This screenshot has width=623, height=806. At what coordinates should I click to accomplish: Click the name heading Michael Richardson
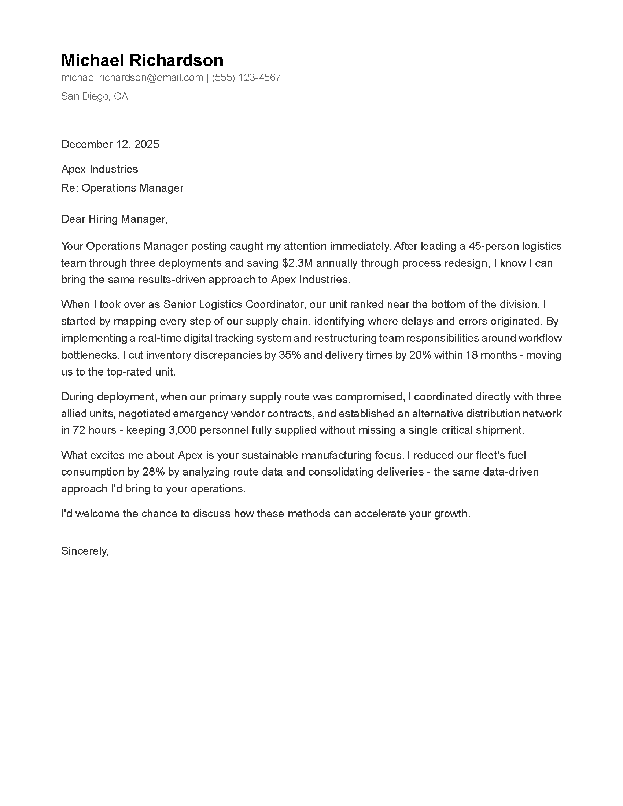(x=142, y=60)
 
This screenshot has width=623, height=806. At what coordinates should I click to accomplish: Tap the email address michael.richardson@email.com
(x=132, y=78)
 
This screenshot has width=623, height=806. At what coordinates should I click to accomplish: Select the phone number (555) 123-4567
(x=246, y=78)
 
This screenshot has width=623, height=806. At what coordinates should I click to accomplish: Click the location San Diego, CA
(x=95, y=96)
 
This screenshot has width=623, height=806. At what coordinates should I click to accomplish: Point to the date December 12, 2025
(x=110, y=144)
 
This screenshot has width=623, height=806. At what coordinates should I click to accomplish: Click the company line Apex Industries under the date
(x=99, y=169)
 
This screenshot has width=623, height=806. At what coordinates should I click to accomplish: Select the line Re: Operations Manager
(x=122, y=188)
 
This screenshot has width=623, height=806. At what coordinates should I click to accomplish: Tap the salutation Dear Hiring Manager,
(x=114, y=219)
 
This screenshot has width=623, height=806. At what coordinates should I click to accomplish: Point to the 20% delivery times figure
(x=420, y=355)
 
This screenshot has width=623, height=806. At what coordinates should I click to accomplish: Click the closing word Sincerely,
(x=85, y=551)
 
